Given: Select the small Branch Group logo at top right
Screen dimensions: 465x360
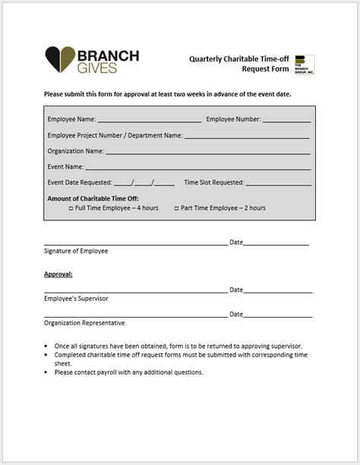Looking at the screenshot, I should pos(304,64).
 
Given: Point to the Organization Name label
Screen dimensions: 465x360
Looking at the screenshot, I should pos(75,151).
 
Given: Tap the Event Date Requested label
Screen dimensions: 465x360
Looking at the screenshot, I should pos(79,183).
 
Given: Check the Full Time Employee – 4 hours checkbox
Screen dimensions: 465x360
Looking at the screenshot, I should pos(71,208).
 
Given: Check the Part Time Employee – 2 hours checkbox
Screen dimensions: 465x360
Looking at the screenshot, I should pos(176,208).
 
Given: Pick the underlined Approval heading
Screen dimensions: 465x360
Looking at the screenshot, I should pos(58,274).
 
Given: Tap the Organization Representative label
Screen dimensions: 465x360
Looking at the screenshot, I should pos(84,323).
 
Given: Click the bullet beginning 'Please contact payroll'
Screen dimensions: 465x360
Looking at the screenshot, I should pos(128,372).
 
